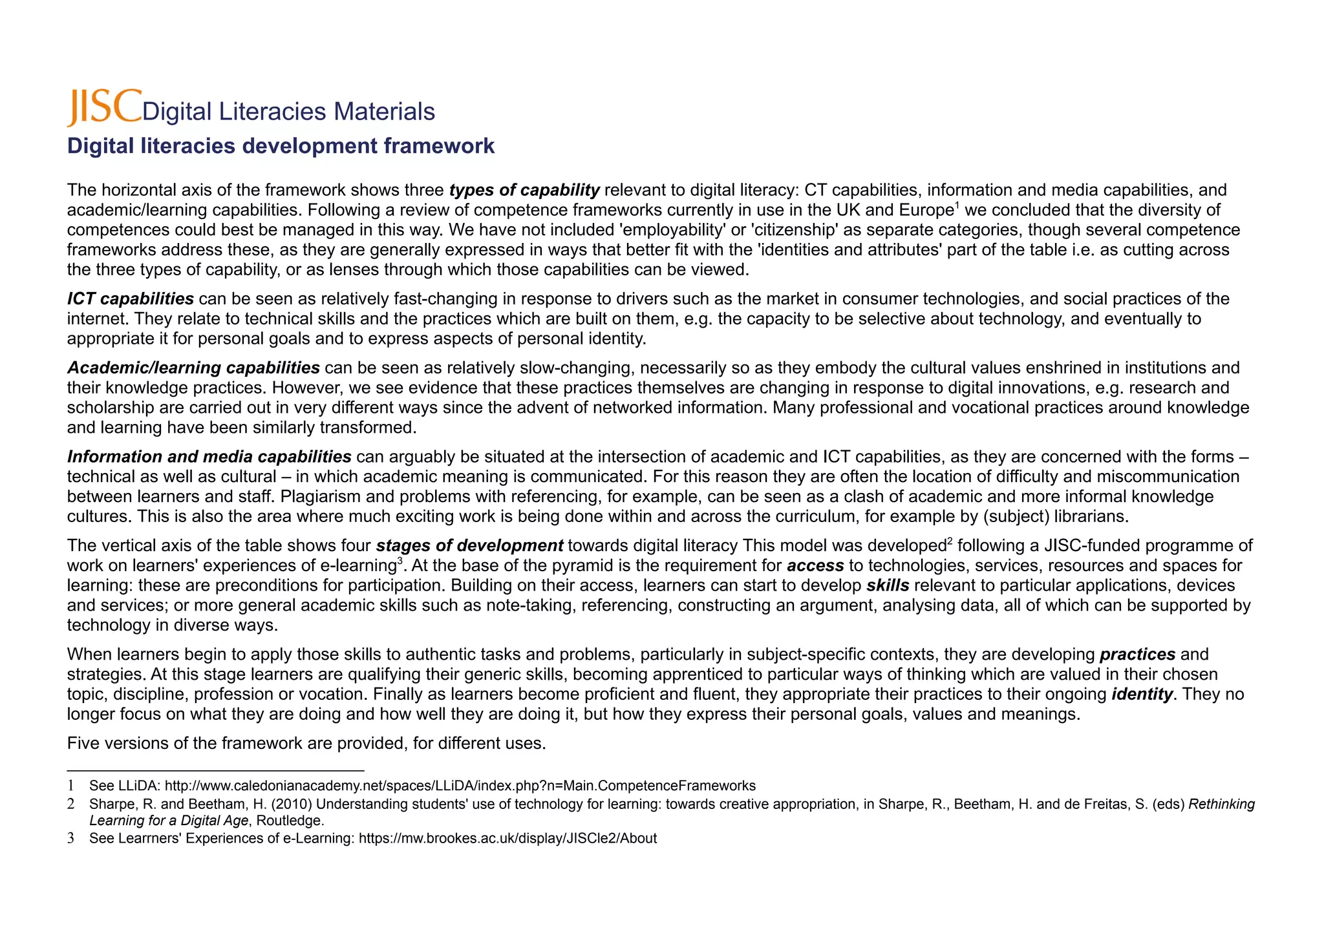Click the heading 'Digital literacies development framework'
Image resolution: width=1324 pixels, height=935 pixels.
tap(281, 146)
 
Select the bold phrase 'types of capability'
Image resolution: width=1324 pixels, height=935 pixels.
tap(524, 190)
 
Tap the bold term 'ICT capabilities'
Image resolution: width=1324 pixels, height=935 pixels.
tap(131, 299)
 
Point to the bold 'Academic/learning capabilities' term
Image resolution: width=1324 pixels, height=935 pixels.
tap(193, 368)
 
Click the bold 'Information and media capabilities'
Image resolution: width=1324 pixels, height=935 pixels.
tap(209, 457)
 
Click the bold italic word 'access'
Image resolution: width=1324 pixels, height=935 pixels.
tap(815, 565)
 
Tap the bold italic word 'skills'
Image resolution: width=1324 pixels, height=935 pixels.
tap(887, 585)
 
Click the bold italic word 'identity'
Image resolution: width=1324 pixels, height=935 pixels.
tap(1142, 694)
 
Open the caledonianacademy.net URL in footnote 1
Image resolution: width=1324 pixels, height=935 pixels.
tap(460, 786)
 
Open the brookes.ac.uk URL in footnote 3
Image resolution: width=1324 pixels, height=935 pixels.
tap(507, 839)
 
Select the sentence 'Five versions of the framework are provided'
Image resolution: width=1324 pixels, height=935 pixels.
tap(306, 743)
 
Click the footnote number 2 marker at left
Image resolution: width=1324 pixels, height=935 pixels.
tap(71, 804)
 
